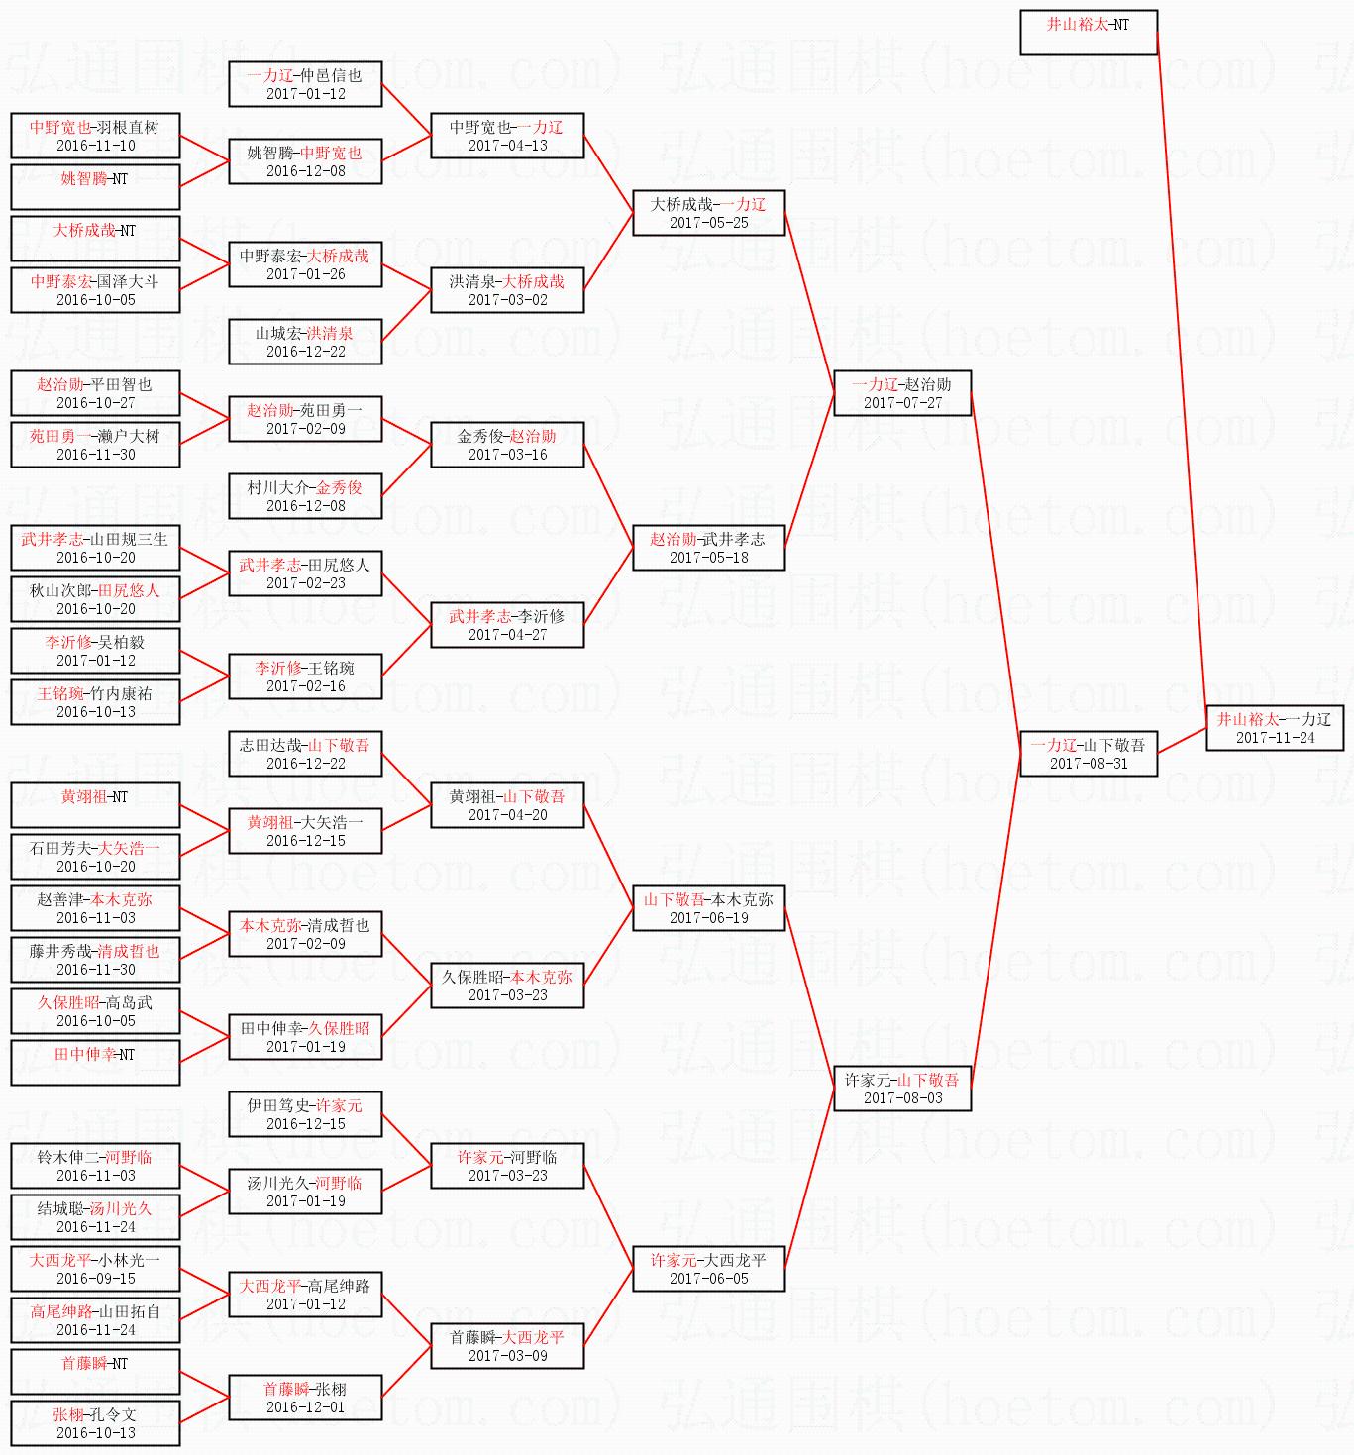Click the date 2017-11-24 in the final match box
[x=1275, y=738]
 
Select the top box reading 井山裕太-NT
[x=1088, y=32]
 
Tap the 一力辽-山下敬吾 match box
[x=1088, y=753]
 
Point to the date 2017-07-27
[x=902, y=403]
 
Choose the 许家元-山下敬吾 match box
[x=901, y=1088]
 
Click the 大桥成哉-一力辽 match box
[x=708, y=213]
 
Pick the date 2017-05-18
[x=708, y=558]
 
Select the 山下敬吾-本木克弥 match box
[x=708, y=908]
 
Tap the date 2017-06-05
[x=708, y=1279]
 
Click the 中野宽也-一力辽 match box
[x=506, y=136]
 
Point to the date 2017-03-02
[x=507, y=300]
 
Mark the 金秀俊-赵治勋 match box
[x=506, y=445]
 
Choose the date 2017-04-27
[x=507, y=635]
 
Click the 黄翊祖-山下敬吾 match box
[x=506, y=805]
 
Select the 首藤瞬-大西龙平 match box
[x=506, y=1346]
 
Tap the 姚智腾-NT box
[x=95, y=187]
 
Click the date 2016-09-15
[x=96, y=1279]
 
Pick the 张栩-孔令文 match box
[x=95, y=1423]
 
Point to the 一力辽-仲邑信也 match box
[x=305, y=84]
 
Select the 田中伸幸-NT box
[x=95, y=1063]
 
